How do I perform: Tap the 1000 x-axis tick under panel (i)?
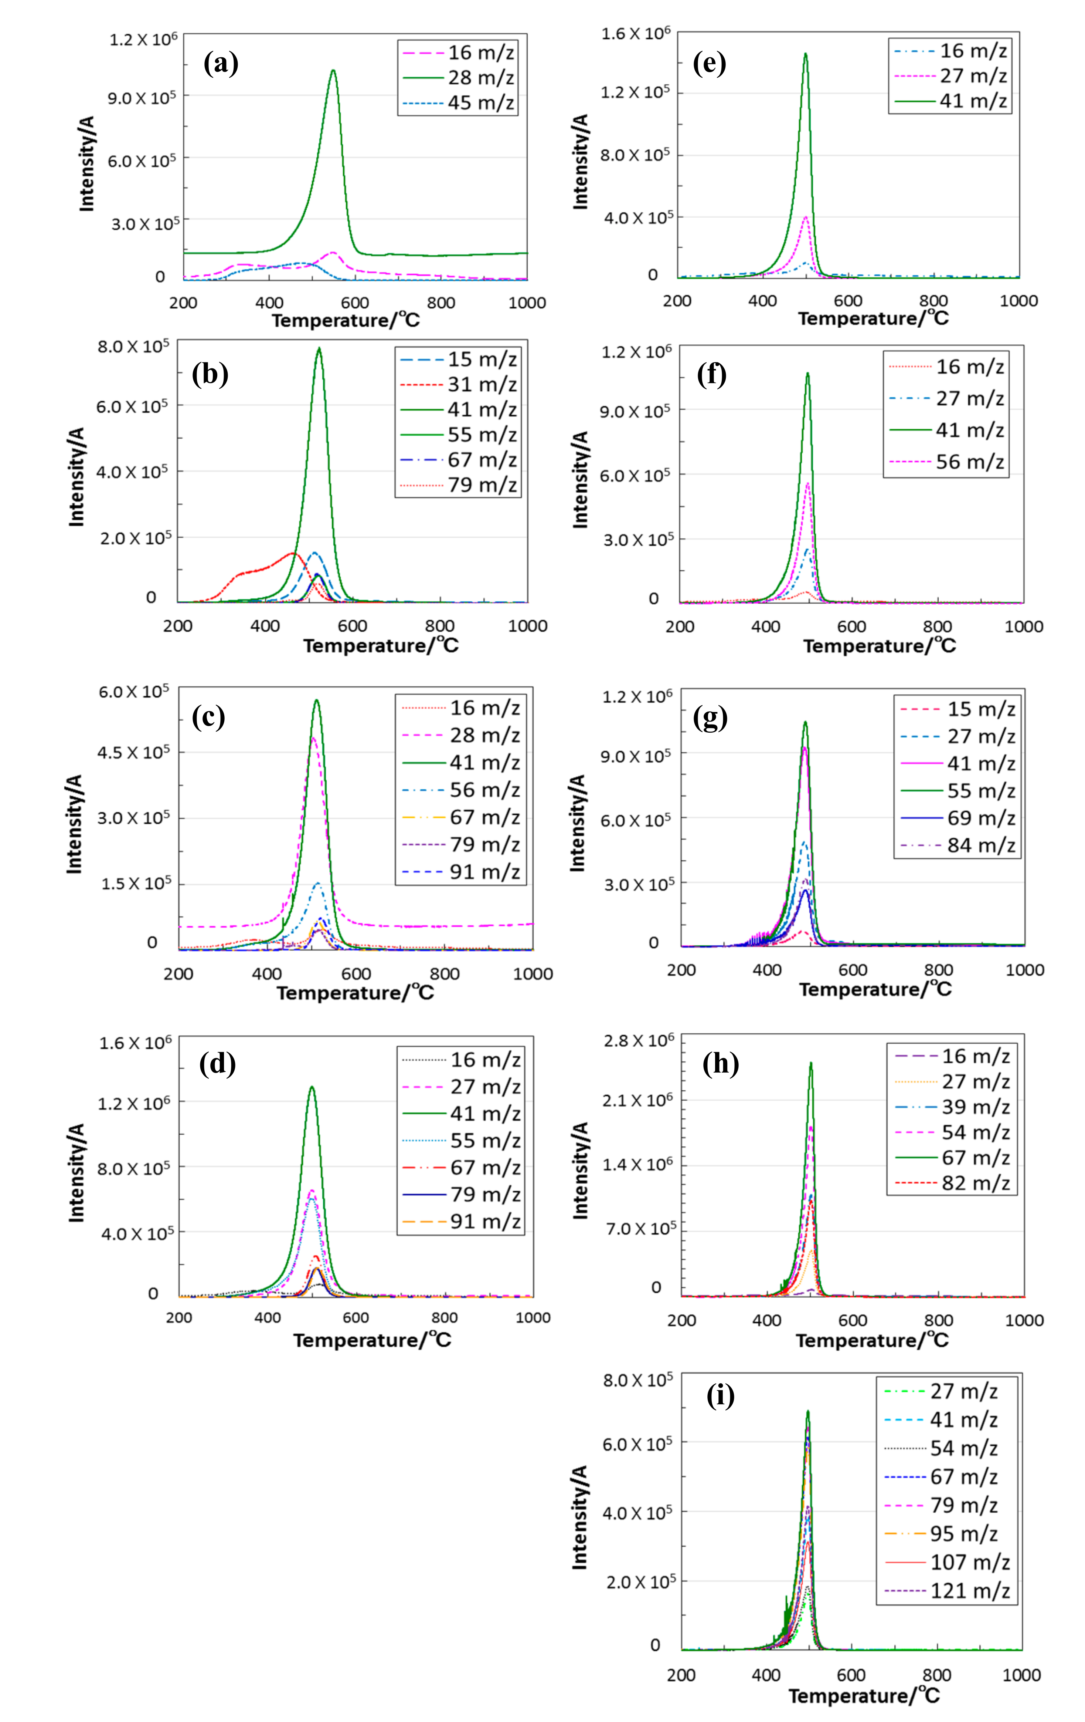point(1021,1675)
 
